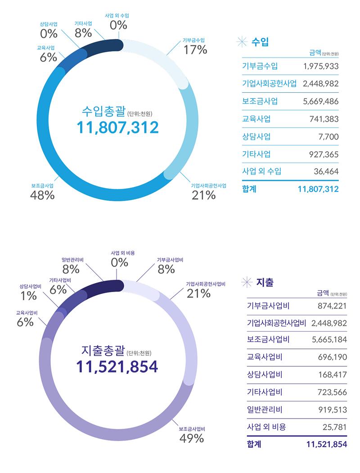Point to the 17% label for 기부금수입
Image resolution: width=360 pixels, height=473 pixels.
click(x=195, y=50)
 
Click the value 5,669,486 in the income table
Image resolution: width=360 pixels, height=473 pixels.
click(x=321, y=101)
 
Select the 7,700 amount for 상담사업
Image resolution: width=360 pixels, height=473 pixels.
click(x=328, y=136)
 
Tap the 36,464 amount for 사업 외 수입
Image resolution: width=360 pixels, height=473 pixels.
click(x=326, y=171)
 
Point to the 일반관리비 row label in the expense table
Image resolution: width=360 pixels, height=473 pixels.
click(x=264, y=410)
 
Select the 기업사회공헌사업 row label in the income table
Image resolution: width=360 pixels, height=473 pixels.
click(x=269, y=84)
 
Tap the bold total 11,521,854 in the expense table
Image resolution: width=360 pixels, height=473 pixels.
click(x=326, y=445)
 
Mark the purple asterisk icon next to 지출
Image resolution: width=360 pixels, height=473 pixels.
click(x=247, y=283)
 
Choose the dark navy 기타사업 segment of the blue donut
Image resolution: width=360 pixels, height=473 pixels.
click(x=101, y=47)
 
